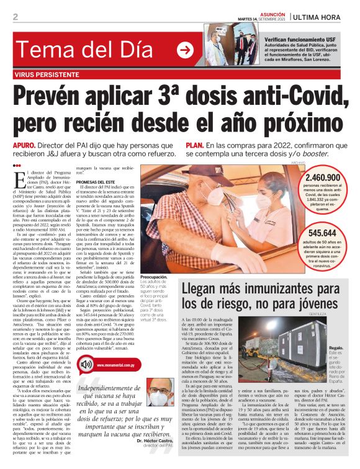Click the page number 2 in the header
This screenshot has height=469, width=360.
click(x=15, y=17)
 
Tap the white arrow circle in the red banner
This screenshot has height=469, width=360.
click(x=185, y=50)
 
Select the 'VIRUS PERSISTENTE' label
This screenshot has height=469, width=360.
click(x=48, y=75)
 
